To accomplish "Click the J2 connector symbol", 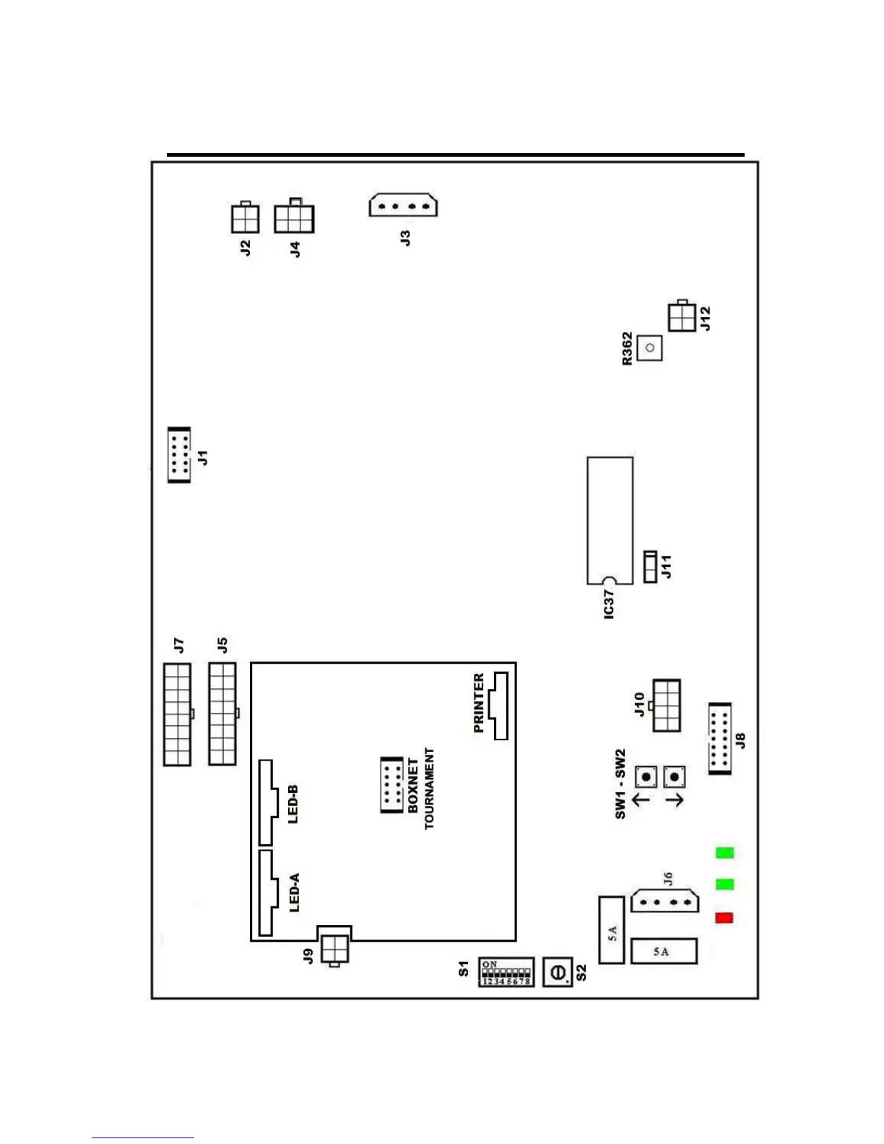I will [245, 218].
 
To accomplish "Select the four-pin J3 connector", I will [403, 205].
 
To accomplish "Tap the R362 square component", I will [650, 348].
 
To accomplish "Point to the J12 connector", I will [682, 316].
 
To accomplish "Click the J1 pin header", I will [179, 455].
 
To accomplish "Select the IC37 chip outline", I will [610, 520].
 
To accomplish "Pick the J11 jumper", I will [651, 567].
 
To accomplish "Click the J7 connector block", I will [177, 714].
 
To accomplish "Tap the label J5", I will [222, 645].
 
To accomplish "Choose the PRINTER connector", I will [499, 706].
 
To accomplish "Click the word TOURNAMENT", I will [430, 788].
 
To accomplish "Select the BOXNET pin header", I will [391, 785].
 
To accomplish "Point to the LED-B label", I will [293, 804].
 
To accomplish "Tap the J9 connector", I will [334, 946].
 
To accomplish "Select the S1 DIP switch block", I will [506, 972].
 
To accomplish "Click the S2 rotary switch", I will [558, 972].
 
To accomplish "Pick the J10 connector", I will [666, 705].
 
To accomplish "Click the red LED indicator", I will [724, 918].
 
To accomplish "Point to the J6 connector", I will [665, 901].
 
